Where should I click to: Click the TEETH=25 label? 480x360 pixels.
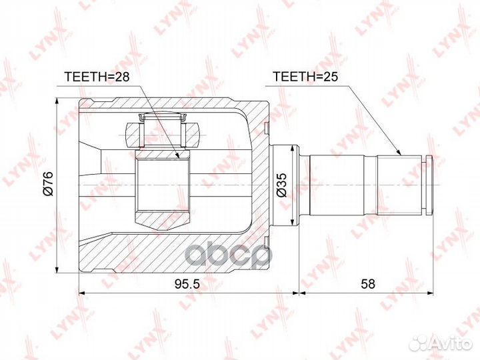[x=306, y=77]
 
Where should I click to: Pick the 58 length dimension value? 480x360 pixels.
[x=367, y=283]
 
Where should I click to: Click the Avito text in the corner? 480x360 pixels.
[x=451, y=343]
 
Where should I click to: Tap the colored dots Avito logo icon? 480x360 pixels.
[x=419, y=342]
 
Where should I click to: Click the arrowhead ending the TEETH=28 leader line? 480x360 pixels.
[x=179, y=157]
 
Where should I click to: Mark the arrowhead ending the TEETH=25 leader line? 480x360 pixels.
[x=401, y=153]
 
